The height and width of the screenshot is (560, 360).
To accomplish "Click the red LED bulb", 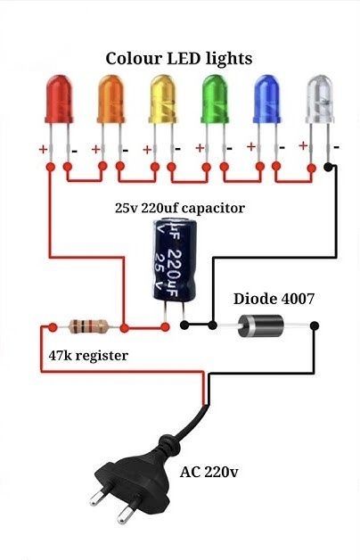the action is tap(59, 99).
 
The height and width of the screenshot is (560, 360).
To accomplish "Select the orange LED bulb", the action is tap(110, 99).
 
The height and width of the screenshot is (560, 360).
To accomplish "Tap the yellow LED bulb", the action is tap(163, 99).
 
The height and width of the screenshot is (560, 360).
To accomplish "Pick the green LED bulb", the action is tap(215, 99).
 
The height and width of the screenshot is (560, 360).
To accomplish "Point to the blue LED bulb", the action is tap(266, 99).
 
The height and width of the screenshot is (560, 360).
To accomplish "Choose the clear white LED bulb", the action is tap(319, 99).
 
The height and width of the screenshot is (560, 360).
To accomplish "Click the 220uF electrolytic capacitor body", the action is tap(175, 260).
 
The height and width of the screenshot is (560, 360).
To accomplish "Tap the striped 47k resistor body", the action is tap(88, 326).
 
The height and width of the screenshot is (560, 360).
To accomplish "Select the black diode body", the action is tap(260, 325).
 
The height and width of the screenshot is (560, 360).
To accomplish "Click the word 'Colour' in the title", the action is tap(135, 59).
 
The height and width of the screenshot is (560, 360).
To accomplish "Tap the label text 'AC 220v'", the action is tap(209, 472).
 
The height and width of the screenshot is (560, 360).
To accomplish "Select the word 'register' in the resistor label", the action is tap(102, 356).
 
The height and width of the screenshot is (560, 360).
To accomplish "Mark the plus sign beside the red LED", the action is tap(43, 149).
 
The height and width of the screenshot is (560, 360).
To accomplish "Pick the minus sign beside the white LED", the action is tap(336, 147).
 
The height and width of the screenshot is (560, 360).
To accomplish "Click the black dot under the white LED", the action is tap(328, 167).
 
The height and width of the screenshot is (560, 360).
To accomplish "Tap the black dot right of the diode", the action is tap(315, 325).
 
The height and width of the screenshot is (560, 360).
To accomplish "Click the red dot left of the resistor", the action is tap(53, 326).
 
